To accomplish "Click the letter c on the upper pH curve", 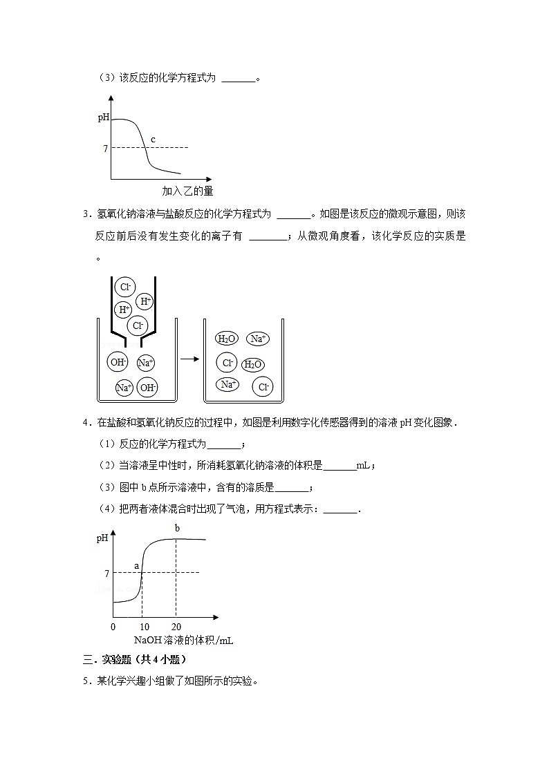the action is coord(153,140).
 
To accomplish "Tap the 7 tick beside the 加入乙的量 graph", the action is coord(105,148).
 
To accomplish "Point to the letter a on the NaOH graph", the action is coord(136,566).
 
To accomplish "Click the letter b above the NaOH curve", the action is coord(177,529).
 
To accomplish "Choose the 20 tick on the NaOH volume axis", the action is coord(176,627).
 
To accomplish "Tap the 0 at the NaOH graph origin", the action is coord(113,627).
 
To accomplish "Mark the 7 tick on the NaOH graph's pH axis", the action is coord(106,573).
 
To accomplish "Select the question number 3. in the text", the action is coord(86,215).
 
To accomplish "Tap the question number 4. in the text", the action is coord(86,422).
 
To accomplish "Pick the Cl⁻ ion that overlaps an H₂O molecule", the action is coord(227,362).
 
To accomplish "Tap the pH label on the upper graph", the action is coord(103,117).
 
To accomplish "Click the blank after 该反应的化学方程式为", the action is coord(239,79).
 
